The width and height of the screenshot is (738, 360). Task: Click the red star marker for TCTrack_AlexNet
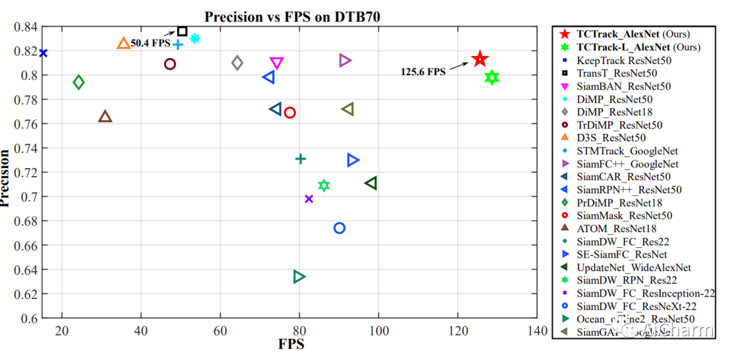coord(480,59)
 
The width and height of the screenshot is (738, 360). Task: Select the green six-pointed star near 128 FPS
coord(491,77)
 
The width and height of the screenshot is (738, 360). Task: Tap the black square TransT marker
coord(182,31)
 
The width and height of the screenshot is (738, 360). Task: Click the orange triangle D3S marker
coord(124,44)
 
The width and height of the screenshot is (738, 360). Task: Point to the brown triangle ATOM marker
coord(105,117)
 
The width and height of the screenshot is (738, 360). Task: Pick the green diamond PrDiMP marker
coord(79,83)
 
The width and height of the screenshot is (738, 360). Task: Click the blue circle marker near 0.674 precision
coord(339,228)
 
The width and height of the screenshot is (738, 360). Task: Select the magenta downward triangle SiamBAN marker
coord(277,64)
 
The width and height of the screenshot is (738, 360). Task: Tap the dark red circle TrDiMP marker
coord(170,64)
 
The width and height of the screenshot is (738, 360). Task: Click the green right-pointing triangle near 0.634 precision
coord(299,277)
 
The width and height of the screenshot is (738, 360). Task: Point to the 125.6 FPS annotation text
coord(423,71)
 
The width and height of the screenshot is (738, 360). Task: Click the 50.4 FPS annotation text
coord(150,42)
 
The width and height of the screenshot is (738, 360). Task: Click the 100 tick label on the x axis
coord(377,331)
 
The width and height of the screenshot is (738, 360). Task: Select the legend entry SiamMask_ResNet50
coord(624,215)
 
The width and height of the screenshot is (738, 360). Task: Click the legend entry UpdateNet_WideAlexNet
coord(633,267)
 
